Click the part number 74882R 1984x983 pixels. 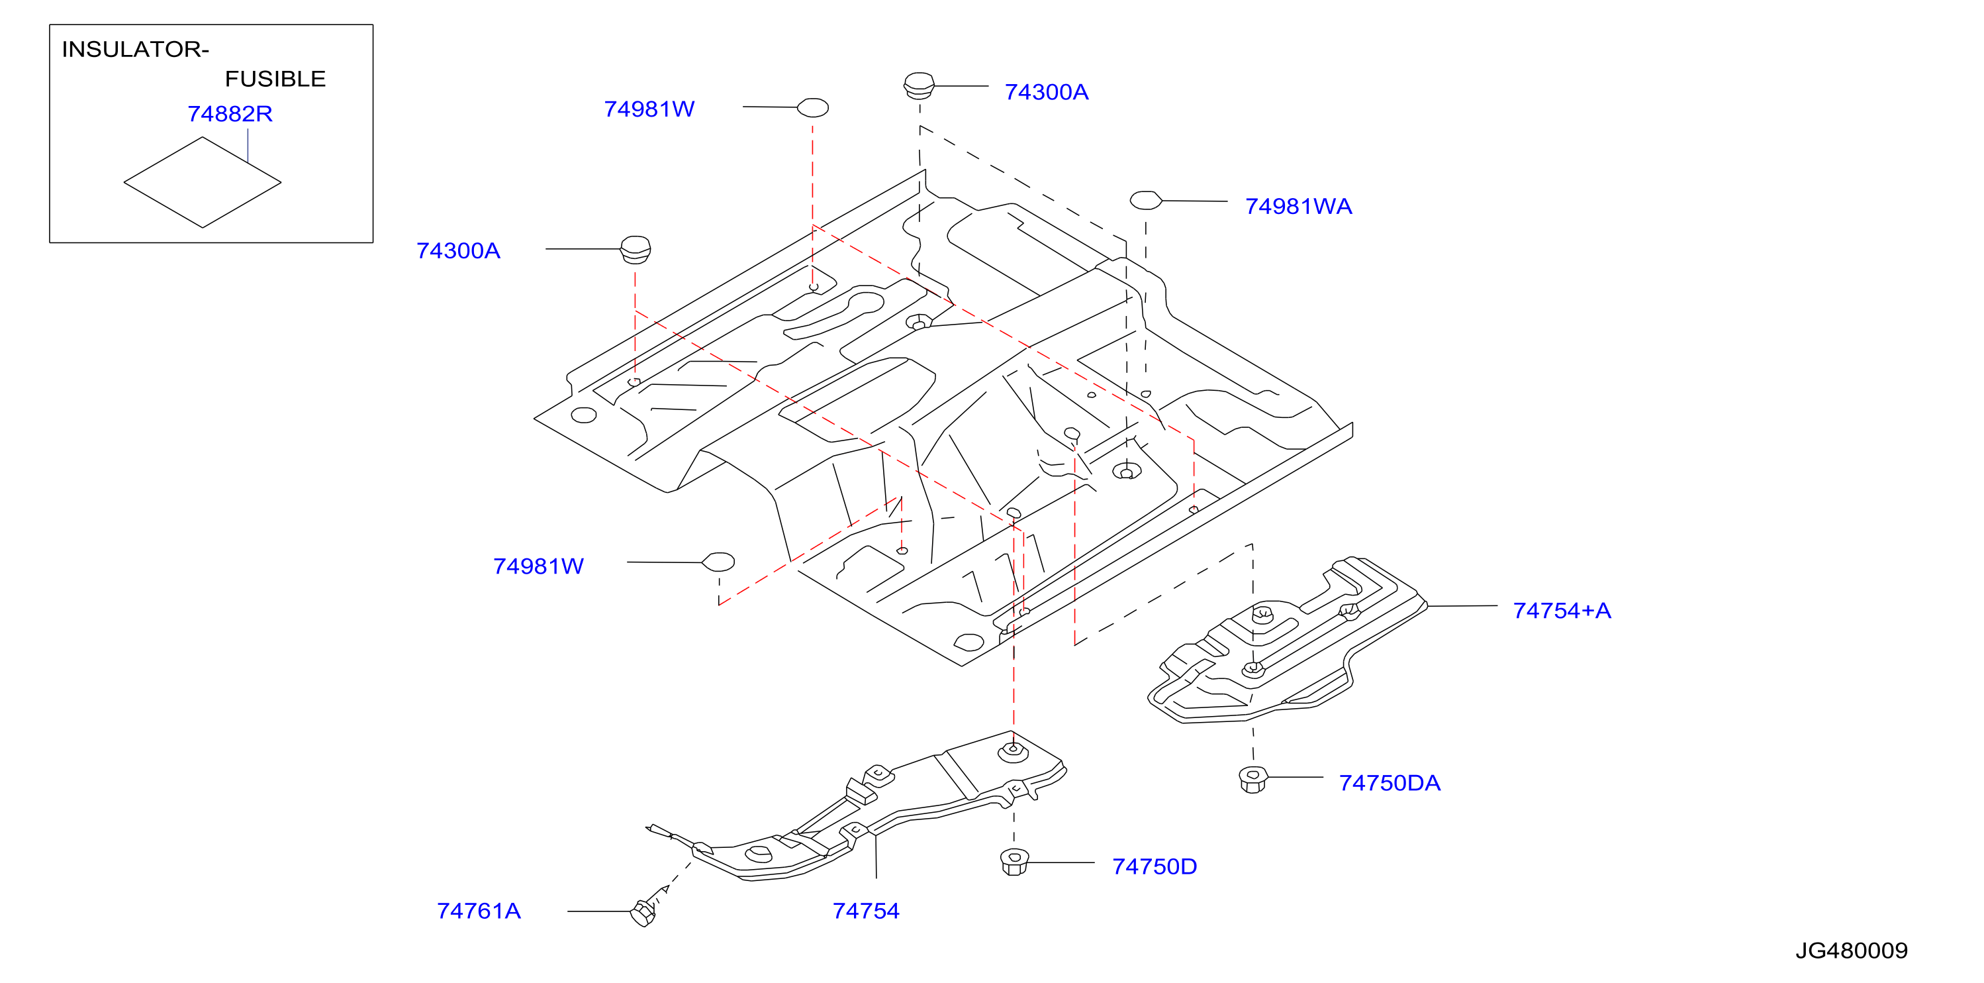tap(230, 114)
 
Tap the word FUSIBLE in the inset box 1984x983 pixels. tap(275, 79)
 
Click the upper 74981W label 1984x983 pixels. tap(649, 109)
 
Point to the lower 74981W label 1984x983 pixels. tap(538, 567)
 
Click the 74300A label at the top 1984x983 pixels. tap(1046, 93)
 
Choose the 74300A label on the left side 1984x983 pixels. tap(458, 251)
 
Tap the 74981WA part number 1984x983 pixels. tap(1299, 207)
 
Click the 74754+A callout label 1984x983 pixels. tap(1562, 611)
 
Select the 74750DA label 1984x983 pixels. tap(1390, 784)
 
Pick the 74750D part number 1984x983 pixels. tap(1155, 866)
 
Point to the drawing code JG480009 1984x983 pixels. tap(1852, 951)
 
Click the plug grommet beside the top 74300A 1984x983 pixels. tap(919, 85)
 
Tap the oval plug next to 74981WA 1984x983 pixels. tap(1146, 200)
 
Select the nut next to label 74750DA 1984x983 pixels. tap(1253, 779)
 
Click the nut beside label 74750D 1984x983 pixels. tap(1014, 861)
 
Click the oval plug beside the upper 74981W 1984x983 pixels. tap(812, 108)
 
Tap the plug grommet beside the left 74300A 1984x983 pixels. tap(636, 250)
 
